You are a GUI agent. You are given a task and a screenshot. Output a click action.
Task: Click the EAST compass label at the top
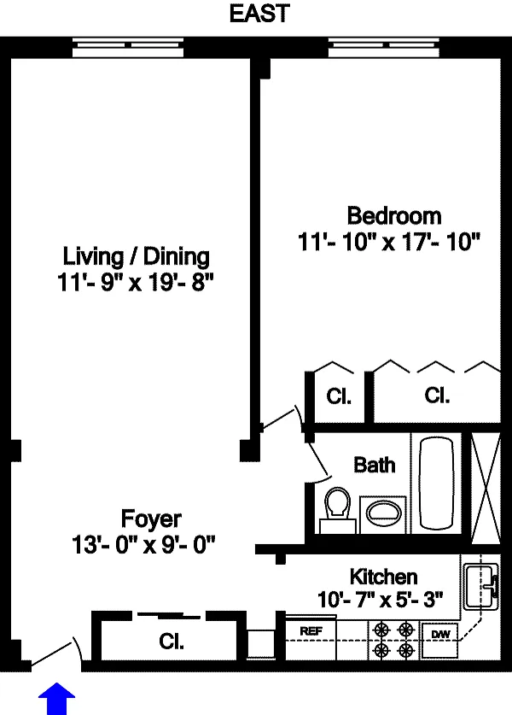tap(259, 13)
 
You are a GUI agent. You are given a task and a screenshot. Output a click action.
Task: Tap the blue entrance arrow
tap(56, 699)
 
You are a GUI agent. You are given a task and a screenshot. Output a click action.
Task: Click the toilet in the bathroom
tap(338, 511)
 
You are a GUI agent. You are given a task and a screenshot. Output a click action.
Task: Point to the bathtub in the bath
tap(436, 483)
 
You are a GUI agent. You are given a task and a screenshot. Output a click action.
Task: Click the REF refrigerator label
tap(311, 631)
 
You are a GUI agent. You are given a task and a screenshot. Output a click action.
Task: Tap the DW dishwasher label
tap(440, 634)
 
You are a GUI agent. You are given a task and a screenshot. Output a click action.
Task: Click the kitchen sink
tap(481, 587)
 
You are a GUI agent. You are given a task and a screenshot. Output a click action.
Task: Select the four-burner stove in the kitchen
tap(394, 640)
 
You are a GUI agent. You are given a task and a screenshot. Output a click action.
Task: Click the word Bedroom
tap(394, 215)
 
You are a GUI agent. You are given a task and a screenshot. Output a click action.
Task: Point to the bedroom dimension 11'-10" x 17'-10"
tap(389, 242)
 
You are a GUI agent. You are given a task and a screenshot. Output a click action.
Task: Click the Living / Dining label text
tap(136, 256)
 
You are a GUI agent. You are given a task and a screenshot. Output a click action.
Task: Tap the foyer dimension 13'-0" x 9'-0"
tap(143, 544)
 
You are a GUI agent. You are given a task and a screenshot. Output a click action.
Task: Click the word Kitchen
tap(383, 577)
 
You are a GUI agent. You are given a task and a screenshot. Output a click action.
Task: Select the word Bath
tap(375, 465)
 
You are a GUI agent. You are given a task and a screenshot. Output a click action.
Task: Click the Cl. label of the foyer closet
tap(172, 642)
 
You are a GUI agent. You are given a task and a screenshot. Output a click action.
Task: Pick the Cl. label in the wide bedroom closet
tap(437, 396)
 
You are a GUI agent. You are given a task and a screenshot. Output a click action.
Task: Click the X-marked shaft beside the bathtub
tap(486, 489)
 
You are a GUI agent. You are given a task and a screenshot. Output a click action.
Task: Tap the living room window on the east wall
tap(128, 48)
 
